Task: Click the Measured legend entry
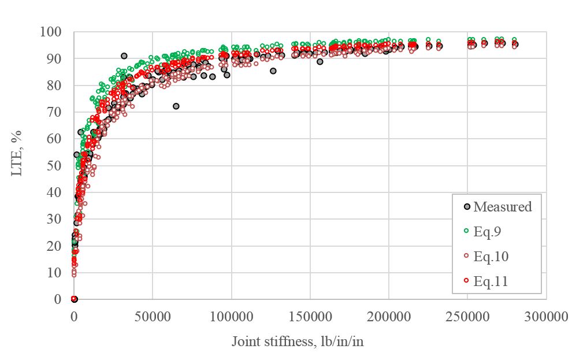(502, 207)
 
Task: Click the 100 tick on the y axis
(51, 32)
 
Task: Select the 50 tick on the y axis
(54, 166)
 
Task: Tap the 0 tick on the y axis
(57, 299)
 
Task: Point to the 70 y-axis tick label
(54, 112)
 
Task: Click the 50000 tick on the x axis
(152, 317)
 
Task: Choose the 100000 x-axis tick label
(231, 317)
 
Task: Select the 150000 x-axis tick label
(310, 317)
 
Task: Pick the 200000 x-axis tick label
(388, 317)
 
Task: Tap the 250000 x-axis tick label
(467, 317)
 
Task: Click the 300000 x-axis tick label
(546, 317)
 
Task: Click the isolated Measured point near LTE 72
(176, 106)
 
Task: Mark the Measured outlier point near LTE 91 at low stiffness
(124, 56)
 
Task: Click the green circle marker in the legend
(466, 232)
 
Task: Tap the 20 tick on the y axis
(54, 246)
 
